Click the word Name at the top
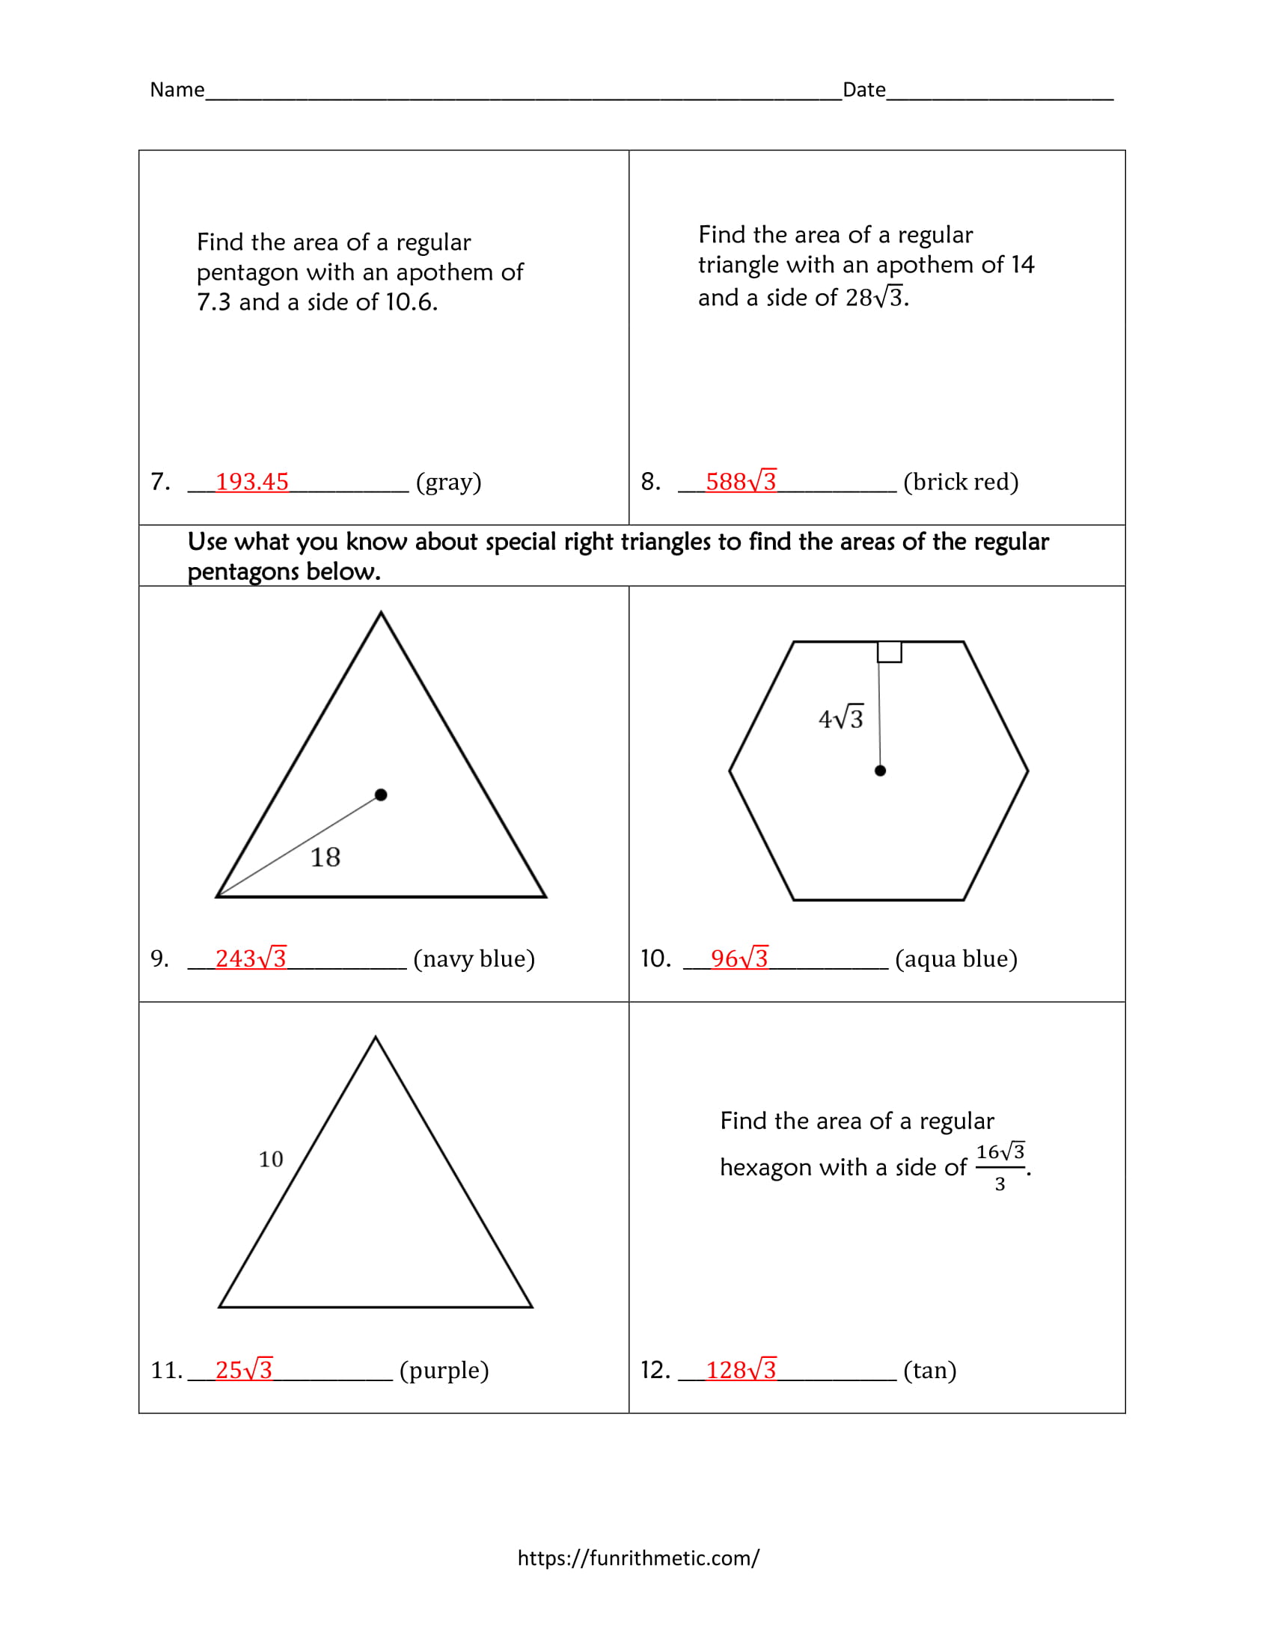tap(177, 90)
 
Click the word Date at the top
tap(863, 90)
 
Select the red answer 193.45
tap(251, 482)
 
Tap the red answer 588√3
tap(741, 482)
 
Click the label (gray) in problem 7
tap(448, 482)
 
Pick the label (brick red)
tap(961, 482)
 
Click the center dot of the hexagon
tap(880, 770)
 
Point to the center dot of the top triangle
tap(381, 795)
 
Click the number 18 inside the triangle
tap(325, 857)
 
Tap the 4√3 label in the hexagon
tap(841, 718)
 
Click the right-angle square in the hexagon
tap(889, 652)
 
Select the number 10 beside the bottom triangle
tap(271, 1159)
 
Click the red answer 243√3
tap(251, 958)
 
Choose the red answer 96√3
tap(739, 958)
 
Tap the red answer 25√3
tap(243, 1369)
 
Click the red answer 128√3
tap(741, 1369)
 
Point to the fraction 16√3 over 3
tap(1000, 1166)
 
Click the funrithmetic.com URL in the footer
tap(638, 1558)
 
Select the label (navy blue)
tap(474, 958)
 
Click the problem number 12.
tap(655, 1369)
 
